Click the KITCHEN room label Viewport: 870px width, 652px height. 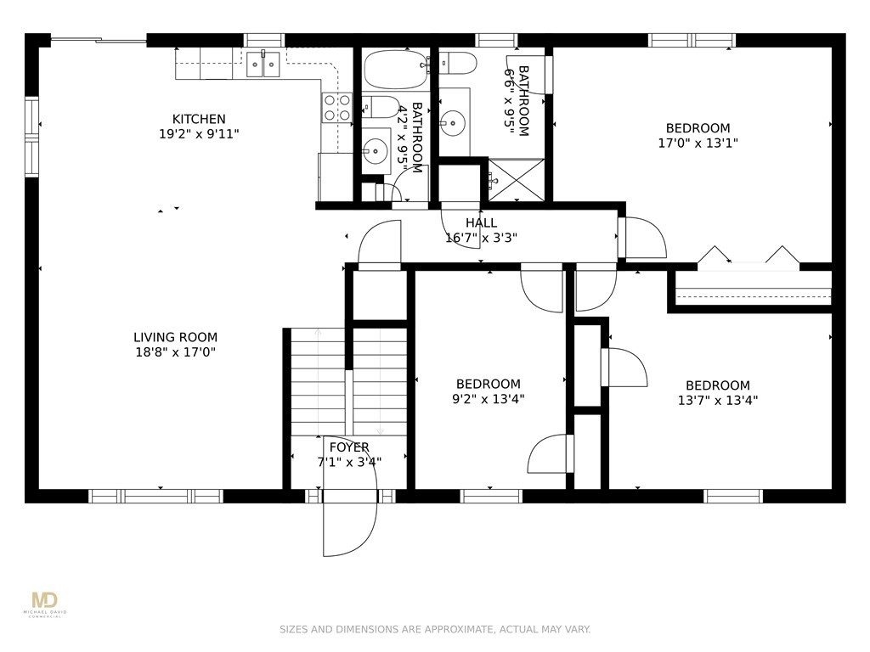coord(199,119)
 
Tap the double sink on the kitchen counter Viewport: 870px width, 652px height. coord(263,64)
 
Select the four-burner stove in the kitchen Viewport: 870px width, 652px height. coord(336,107)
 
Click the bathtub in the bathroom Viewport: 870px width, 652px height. coord(395,70)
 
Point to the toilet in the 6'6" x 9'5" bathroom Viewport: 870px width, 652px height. coord(458,63)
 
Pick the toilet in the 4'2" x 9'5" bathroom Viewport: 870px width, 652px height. coord(382,107)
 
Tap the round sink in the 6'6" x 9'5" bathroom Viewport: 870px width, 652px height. coord(454,122)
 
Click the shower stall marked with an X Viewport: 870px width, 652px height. coord(517,180)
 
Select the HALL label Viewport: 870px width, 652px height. coord(481,223)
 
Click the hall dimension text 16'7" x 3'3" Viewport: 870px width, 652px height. coord(481,239)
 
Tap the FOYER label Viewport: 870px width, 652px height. coord(349,447)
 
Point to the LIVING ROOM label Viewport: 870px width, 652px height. coord(175,337)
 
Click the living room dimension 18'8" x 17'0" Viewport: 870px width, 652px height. coord(175,352)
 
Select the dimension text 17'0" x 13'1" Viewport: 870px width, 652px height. coord(698,143)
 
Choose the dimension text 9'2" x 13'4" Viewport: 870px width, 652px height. coord(489,399)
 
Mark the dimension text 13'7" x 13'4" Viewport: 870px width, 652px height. coord(717,401)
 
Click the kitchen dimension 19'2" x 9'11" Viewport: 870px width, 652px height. coord(199,134)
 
